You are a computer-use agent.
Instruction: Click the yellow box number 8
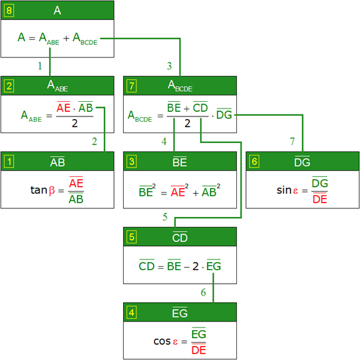[x=9, y=11]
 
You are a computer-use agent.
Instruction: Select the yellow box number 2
[x=9, y=86]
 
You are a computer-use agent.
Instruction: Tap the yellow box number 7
[x=132, y=86]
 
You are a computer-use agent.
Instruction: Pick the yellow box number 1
[x=9, y=161]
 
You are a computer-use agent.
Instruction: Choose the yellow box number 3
[x=132, y=161]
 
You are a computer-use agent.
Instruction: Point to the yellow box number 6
[x=254, y=161]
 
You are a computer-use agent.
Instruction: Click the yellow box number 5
[x=132, y=237]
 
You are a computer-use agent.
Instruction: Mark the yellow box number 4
[x=132, y=312]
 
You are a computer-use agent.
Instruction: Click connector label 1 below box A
[x=40, y=66]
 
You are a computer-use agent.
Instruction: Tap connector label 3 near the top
[x=169, y=66]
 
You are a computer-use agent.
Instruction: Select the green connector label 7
[x=292, y=142]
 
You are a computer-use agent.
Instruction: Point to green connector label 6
[x=203, y=292]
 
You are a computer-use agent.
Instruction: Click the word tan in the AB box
[x=39, y=190]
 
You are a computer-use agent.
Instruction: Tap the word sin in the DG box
[x=284, y=190]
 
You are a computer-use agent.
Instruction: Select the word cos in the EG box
[x=162, y=341]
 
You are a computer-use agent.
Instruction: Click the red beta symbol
[x=52, y=191]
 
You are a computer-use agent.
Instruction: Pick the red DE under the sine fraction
[x=320, y=199]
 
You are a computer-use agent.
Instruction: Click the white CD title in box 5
[x=180, y=238]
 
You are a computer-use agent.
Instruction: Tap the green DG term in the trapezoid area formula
[x=224, y=114]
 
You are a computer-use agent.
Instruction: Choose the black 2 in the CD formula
[x=196, y=266]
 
